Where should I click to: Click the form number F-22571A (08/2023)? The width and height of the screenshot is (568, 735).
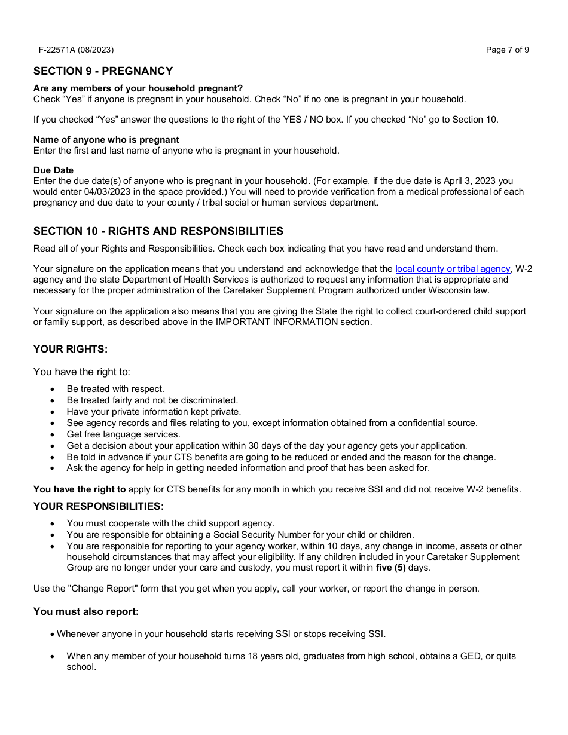click(76, 50)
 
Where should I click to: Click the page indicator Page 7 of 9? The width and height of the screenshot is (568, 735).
click(507, 50)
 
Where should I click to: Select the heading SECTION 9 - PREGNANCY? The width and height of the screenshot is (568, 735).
click(103, 71)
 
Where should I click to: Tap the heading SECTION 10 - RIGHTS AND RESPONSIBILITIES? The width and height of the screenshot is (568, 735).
click(158, 231)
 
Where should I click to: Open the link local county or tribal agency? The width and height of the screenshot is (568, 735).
click(453, 269)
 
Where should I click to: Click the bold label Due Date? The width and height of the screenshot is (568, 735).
click(53, 170)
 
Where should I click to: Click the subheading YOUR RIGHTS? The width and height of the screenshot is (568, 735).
click(71, 350)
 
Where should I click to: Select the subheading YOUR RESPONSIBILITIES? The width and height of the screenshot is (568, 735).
click(98, 507)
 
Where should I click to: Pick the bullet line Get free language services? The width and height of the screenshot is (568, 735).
click(123, 434)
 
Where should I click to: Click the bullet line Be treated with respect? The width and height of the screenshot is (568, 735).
click(115, 389)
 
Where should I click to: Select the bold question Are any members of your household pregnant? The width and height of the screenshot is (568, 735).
click(138, 88)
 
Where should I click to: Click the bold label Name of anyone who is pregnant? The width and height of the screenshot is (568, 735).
click(106, 140)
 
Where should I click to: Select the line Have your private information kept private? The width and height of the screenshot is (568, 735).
click(154, 412)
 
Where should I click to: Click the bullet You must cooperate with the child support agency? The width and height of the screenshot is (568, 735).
click(170, 523)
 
